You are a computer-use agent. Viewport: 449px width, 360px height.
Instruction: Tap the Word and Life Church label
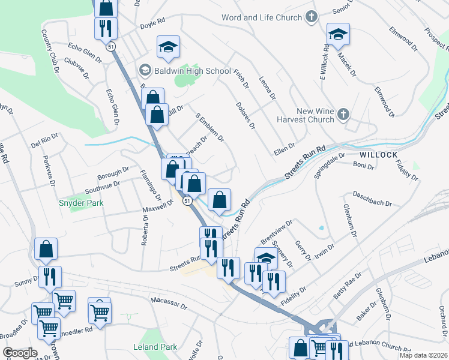[262, 17]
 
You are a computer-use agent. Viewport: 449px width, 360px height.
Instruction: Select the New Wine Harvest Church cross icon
[343, 115]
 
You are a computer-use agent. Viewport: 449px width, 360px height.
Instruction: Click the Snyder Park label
[81, 203]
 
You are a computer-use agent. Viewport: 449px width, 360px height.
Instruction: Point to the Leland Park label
[155, 347]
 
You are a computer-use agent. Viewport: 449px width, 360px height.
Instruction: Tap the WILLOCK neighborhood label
[379, 155]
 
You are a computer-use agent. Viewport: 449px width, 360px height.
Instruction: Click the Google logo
[19, 353]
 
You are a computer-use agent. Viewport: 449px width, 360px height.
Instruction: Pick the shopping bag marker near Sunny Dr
[46, 249]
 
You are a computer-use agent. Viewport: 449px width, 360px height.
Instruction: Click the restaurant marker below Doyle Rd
[106, 28]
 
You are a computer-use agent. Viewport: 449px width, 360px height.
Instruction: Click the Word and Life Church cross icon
[311, 17]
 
